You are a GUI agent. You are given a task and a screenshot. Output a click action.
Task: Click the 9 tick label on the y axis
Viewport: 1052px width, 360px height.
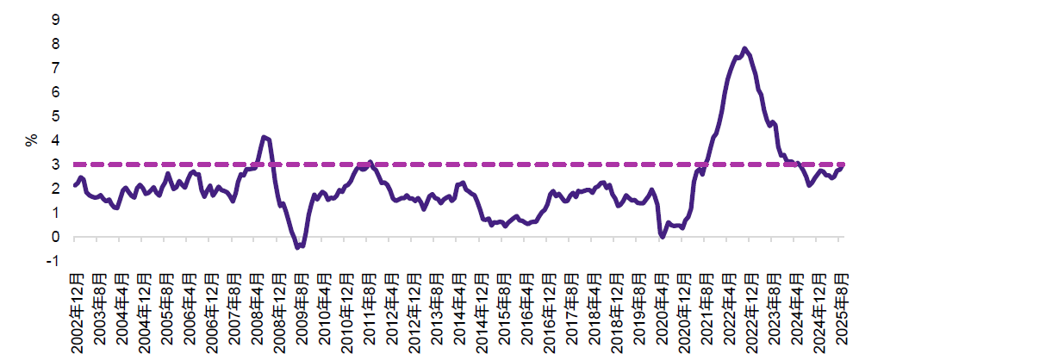coord(56,19)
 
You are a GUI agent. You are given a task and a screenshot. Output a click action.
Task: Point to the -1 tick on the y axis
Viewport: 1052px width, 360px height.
coord(54,261)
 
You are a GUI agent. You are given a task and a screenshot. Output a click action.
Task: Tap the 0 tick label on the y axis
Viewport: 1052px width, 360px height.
coord(56,237)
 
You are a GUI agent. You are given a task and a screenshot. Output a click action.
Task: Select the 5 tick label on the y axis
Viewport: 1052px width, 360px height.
coord(56,115)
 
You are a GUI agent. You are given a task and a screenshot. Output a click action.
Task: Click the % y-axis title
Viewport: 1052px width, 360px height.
coord(33,140)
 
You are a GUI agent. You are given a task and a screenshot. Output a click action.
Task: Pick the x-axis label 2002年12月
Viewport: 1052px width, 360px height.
coord(76,307)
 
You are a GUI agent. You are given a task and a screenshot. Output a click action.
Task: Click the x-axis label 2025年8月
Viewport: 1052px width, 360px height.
coord(842,307)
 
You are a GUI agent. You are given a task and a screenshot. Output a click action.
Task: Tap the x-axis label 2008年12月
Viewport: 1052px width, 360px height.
coord(278,307)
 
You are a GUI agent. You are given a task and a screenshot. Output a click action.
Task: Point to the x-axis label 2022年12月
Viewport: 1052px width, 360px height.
coord(751,307)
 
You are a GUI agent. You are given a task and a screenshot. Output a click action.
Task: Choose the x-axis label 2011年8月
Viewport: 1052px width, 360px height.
coord(369,307)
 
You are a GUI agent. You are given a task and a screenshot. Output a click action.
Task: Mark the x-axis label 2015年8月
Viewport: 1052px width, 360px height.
coord(504,307)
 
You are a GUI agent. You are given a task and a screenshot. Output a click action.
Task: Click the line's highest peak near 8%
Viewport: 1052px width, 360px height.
coord(744,48)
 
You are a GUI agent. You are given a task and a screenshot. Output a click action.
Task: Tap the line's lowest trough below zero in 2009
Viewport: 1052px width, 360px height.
coord(298,247)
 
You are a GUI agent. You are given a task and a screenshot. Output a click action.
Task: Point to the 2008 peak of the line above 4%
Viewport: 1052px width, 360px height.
coord(264,137)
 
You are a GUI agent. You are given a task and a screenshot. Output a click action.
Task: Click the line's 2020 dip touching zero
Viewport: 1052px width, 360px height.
coord(662,237)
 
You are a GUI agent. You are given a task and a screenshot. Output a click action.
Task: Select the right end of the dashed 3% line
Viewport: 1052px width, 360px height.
coord(843,164)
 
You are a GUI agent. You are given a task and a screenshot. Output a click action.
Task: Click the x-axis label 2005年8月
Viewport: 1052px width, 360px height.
coord(166,307)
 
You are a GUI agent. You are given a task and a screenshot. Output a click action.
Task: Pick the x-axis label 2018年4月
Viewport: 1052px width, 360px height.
coord(594,307)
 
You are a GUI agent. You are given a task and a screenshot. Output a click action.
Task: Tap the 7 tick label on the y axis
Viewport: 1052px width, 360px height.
coord(56,67)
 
